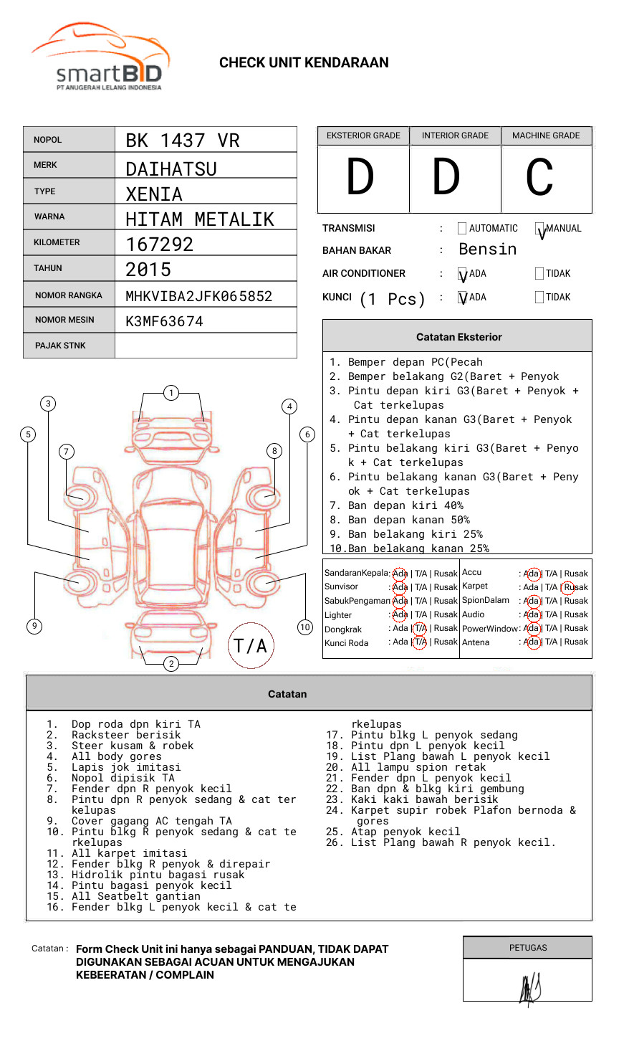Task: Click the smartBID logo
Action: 100,57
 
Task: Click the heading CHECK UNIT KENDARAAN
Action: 304,63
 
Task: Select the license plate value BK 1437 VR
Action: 183,141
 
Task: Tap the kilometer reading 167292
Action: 160,244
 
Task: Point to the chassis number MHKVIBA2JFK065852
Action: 198,296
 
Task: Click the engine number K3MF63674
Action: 164,321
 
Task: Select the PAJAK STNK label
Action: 60,346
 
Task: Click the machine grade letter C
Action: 539,177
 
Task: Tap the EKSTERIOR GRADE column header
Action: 363,136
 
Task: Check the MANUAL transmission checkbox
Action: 539,229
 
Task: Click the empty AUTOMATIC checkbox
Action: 462,229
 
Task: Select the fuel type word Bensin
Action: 487,249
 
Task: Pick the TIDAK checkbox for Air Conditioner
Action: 539,273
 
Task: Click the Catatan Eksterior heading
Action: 458,337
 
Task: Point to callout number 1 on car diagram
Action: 171,393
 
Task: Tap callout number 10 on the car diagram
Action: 305,627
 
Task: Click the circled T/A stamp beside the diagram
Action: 250,646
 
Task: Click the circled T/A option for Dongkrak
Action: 420,628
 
